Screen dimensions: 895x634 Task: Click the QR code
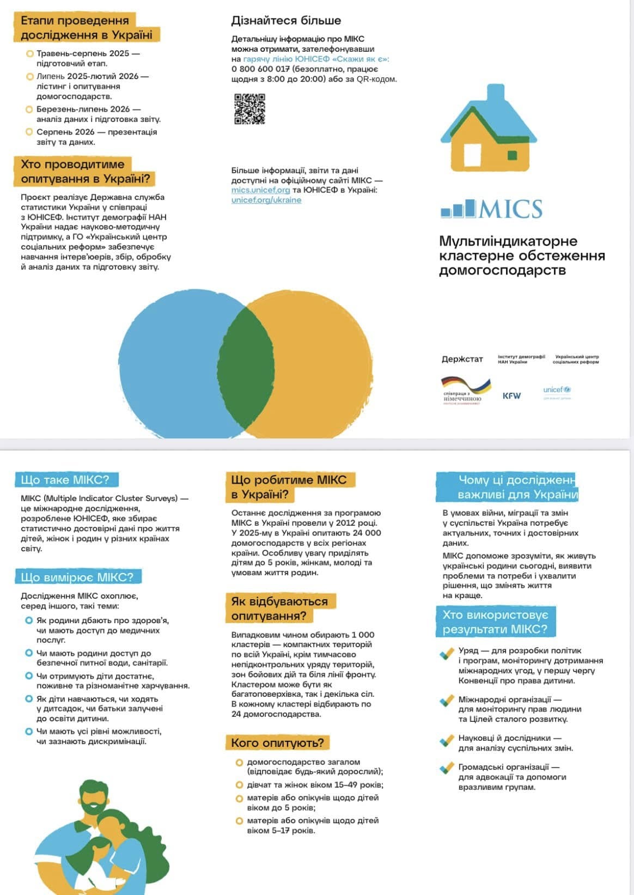249,108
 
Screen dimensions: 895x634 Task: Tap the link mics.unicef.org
260,190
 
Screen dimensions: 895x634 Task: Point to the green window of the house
512,155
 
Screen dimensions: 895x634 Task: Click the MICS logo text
510,209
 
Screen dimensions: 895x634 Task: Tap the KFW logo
511,395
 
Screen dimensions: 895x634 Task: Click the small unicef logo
557,390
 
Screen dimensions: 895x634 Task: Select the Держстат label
462,359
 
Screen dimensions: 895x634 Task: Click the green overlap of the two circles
246,362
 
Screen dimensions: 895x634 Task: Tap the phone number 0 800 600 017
260,69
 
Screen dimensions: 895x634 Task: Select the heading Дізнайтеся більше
286,21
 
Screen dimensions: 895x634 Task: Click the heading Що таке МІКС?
65,480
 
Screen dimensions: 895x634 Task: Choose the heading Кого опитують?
277,742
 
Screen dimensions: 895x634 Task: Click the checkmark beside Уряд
447,653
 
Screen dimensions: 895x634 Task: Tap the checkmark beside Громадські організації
447,768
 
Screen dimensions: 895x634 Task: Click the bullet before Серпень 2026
29,132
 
